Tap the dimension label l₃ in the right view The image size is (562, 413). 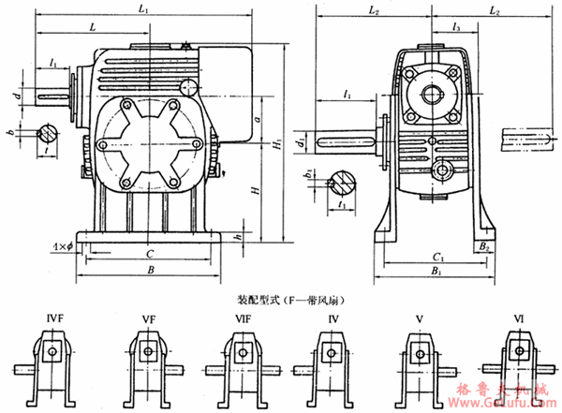point(454,29)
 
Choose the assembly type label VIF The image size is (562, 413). point(243,320)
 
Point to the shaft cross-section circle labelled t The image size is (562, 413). point(48,133)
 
